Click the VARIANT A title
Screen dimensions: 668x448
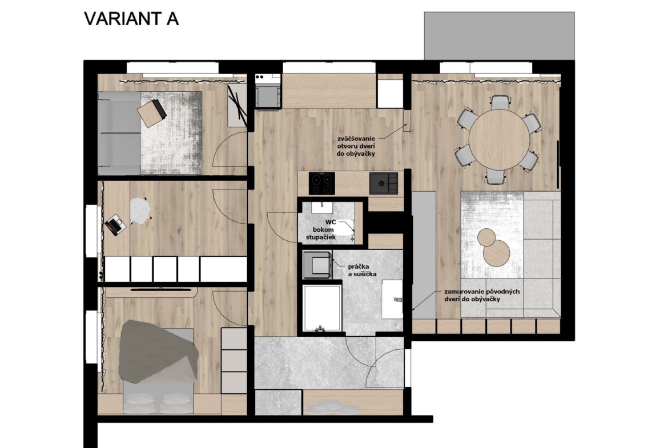click(131, 19)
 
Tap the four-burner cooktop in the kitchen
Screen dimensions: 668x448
click(321, 183)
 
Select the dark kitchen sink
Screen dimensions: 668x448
click(384, 183)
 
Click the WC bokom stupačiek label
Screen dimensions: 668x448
click(323, 229)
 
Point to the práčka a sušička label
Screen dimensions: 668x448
click(362, 271)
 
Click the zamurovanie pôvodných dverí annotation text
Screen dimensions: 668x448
click(481, 296)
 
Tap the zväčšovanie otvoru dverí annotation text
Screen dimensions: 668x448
click(356, 146)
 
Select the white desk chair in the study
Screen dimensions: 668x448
click(140, 211)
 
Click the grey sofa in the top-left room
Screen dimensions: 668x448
click(119, 133)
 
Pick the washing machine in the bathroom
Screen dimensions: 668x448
click(317, 265)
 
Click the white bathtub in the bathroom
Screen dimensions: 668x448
click(322, 308)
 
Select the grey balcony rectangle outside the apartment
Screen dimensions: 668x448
click(500, 36)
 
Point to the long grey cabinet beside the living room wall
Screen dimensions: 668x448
click(424, 254)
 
